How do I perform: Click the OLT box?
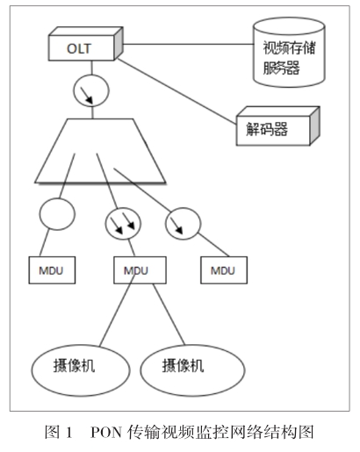85,44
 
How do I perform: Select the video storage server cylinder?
289,52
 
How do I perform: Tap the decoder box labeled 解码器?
278,126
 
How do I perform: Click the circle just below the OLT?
91,90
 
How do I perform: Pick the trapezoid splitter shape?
100,151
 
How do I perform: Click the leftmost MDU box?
52,270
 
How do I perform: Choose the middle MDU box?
140,270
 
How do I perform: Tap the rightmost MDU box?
224,270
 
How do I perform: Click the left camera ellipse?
81,370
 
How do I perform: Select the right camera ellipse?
192,370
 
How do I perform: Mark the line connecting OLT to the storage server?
188,45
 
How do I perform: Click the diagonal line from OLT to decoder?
176,91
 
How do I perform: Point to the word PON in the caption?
106,432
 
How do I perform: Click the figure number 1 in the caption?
69,432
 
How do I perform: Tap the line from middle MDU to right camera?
169,314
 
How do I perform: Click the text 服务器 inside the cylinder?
281,68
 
